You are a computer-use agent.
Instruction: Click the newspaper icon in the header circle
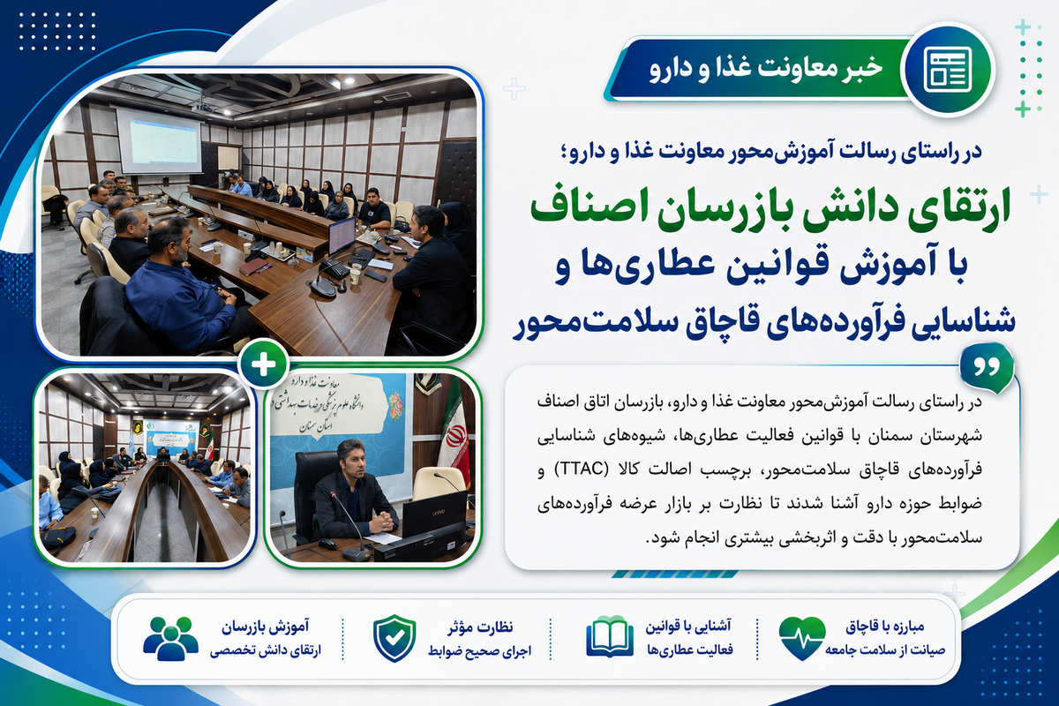pyautogui.click(x=948, y=69)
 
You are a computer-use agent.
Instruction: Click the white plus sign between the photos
pyautogui.click(x=263, y=364)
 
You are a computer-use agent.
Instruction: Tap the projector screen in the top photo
pyautogui.click(x=159, y=141)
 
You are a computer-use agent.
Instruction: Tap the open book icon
pyautogui.click(x=610, y=636)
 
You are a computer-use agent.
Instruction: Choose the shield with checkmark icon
pyautogui.click(x=394, y=638)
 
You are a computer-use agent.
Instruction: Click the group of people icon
pyautogui.click(x=170, y=638)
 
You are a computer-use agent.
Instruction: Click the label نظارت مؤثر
pyautogui.click(x=480, y=627)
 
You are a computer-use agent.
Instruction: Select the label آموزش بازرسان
pyautogui.click(x=265, y=627)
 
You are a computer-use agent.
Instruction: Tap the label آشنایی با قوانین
pyautogui.click(x=687, y=627)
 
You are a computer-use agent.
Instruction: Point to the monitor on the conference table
pyautogui.click(x=342, y=236)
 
